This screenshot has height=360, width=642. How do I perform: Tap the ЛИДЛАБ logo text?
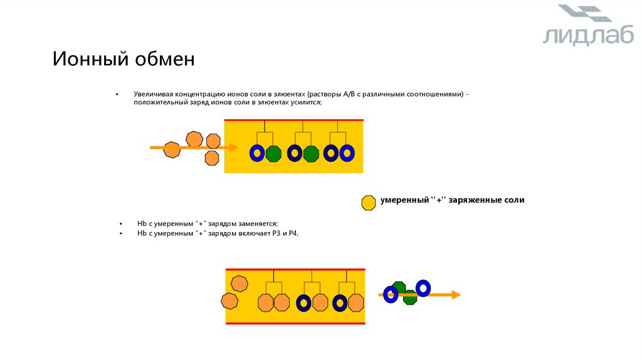[588, 35]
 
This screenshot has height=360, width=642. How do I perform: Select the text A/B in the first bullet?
[349, 94]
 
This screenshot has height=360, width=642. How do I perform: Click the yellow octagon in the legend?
[369, 202]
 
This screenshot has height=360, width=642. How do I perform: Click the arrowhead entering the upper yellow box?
[233, 147]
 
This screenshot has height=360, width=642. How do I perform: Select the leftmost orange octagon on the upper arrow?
[172, 149]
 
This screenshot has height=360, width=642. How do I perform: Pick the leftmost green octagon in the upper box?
[273, 154]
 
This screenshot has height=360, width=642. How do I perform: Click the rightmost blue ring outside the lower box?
[423, 288]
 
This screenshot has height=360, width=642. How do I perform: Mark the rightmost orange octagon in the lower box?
[356, 303]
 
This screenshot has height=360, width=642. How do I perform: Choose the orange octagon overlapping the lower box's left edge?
[230, 301]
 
